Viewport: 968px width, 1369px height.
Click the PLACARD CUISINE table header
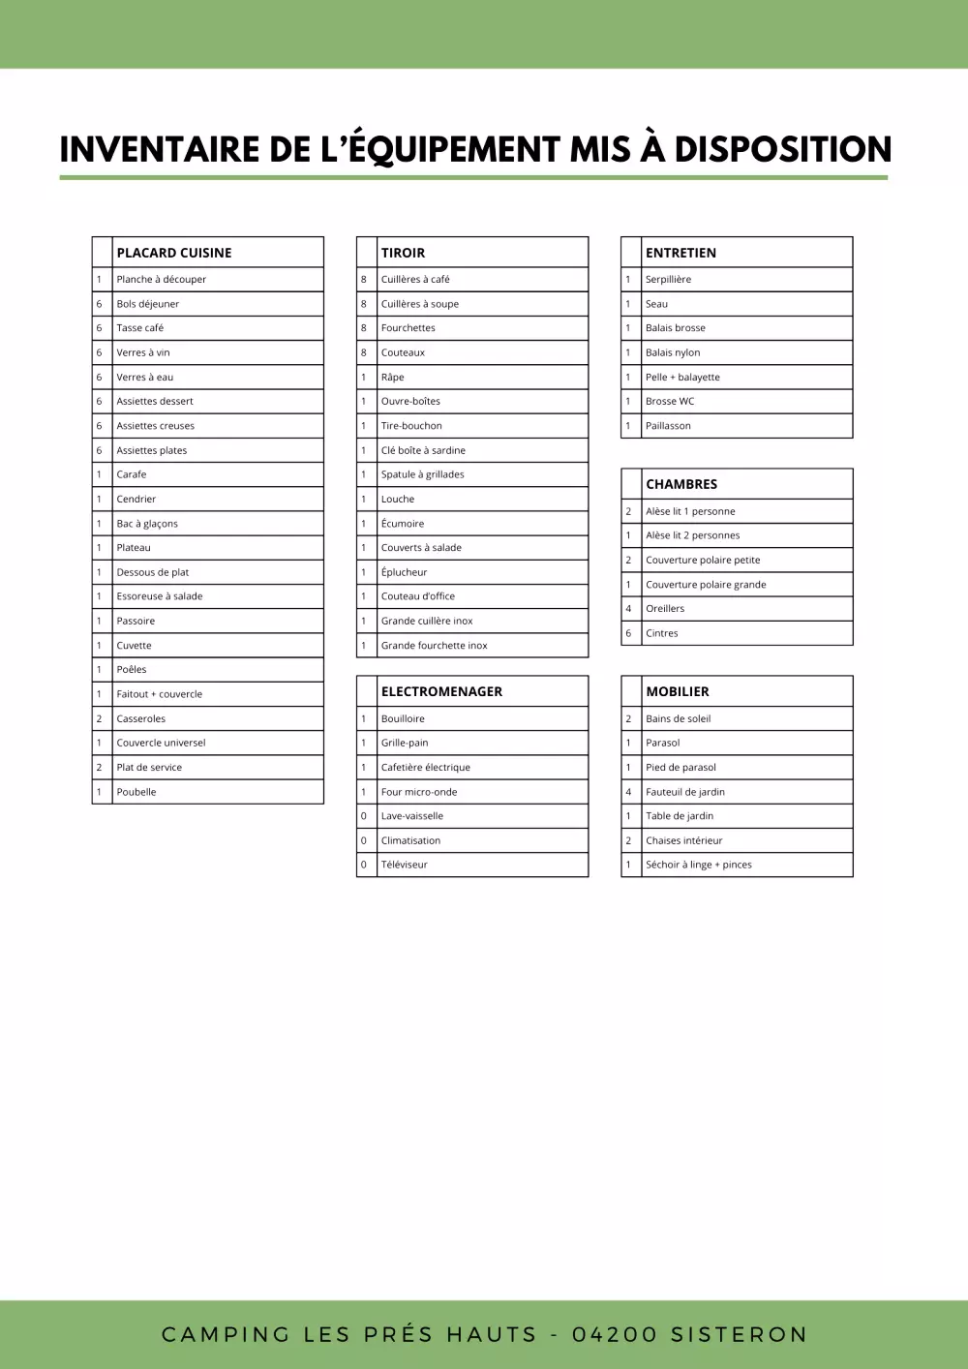[x=174, y=253]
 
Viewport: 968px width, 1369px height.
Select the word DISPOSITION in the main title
[x=782, y=149]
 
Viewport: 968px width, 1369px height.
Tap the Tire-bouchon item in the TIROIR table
[x=411, y=426]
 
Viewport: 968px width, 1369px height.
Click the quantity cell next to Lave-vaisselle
[x=364, y=816]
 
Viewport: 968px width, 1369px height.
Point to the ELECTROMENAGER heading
[x=441, y=691]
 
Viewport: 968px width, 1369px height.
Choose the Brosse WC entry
[x=670, y=401]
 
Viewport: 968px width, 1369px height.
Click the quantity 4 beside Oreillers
[x=628, y=609]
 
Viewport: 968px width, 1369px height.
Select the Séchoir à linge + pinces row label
[x=699, y=865]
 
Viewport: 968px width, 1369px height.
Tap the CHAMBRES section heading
[x=681, y=484]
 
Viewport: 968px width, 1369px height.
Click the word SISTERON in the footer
[x=739, y=1334]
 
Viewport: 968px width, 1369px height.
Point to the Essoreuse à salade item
[x=160, y=596]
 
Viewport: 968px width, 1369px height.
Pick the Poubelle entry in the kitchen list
[x=136, y=792]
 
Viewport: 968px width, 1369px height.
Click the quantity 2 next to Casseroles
[x=99, y=718]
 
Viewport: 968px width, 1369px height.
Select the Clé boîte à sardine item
[x=423, y=450]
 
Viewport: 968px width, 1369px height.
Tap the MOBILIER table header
[x=678, y=691]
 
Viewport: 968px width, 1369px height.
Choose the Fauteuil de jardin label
[x=685, y=792]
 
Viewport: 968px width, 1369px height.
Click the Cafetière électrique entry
[x=426, y=767]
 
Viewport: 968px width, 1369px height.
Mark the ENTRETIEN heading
[x=681, y=253]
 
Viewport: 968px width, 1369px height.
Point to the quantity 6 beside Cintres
[x=628, y=633]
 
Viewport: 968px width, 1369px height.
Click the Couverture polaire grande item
[x=706, y=585]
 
